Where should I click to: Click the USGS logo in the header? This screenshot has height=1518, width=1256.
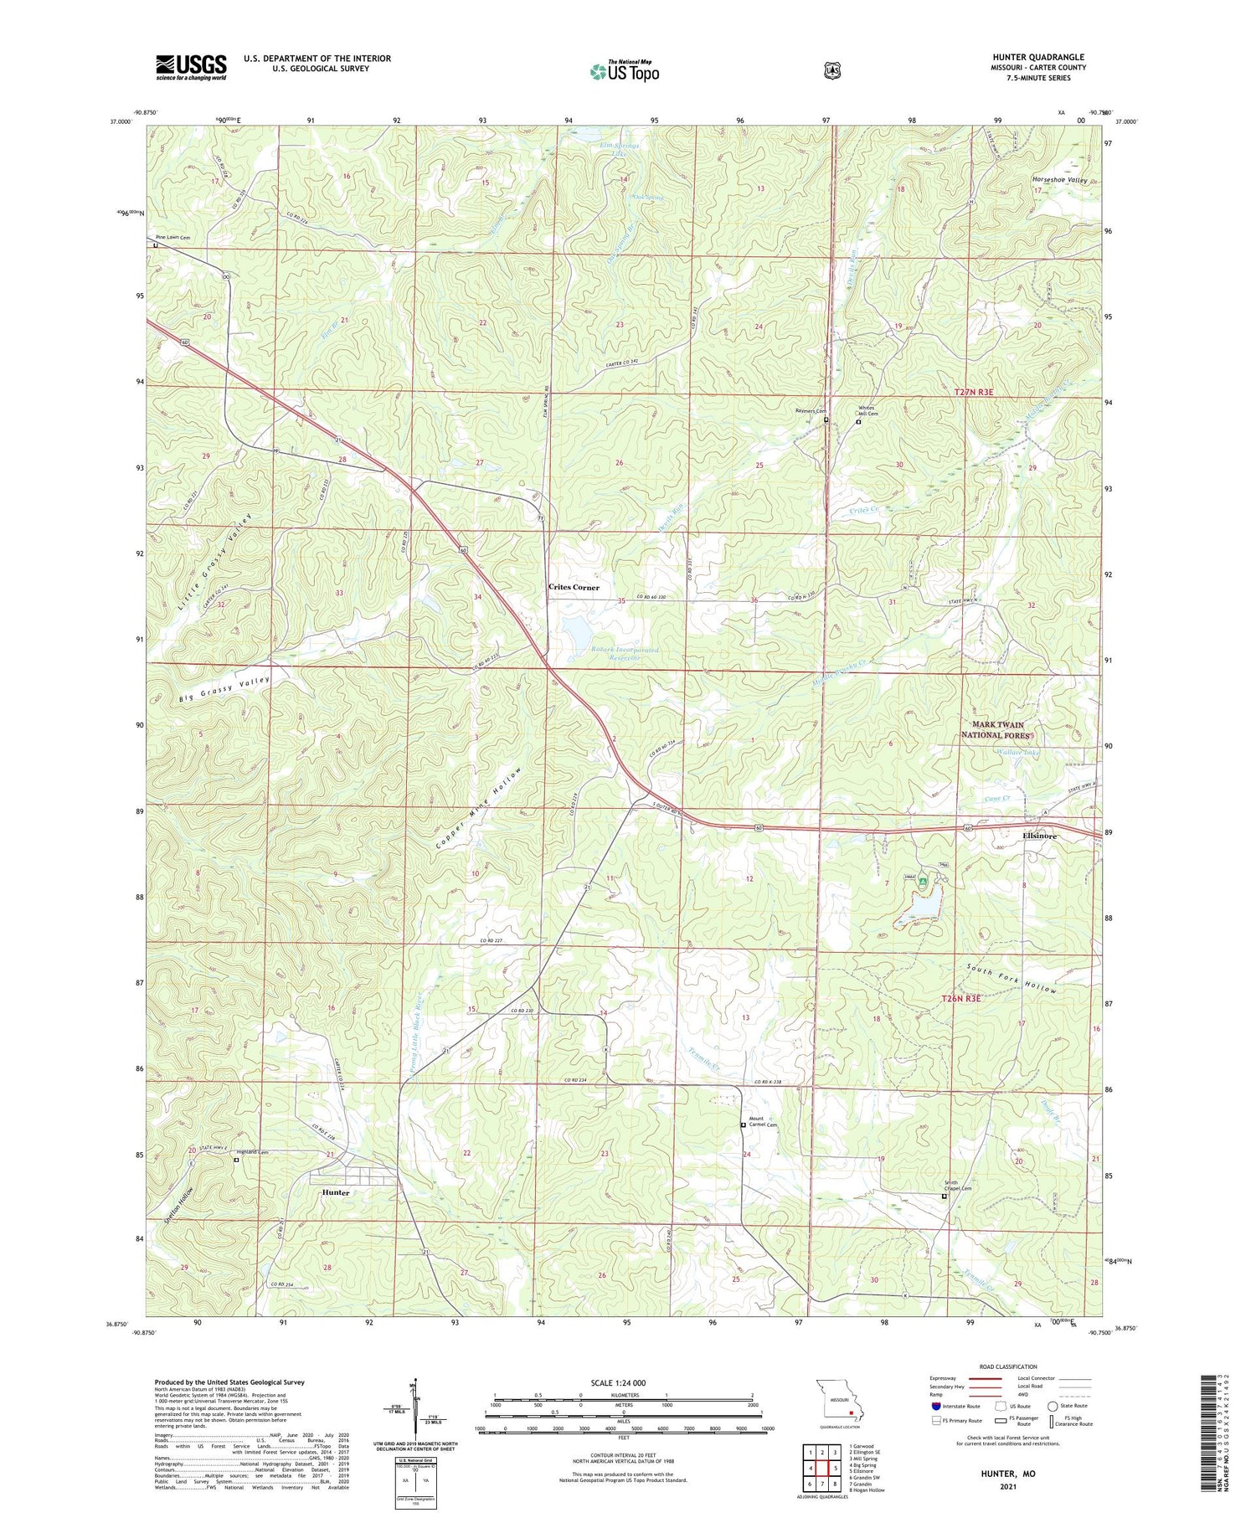tap(191, 67)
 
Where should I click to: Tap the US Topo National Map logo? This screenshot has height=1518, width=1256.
tap(624, 71)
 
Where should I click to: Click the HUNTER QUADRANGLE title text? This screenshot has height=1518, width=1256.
tap(1037, 57)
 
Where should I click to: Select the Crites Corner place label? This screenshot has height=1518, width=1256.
tap(574, 587)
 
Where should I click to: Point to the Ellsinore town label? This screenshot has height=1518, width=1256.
tap(1039, 836)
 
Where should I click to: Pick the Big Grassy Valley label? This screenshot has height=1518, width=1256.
tap(225, 690)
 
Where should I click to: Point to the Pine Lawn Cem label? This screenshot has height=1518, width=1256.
tap(172, 238)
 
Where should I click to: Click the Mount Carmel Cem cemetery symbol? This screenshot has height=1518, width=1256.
tap(743, 1125)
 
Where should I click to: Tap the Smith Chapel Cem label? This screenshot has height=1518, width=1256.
tap(959, 1186)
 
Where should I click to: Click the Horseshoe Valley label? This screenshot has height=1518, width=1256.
tap(1059, 180)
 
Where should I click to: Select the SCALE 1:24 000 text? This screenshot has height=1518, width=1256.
tap(623, 1382)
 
